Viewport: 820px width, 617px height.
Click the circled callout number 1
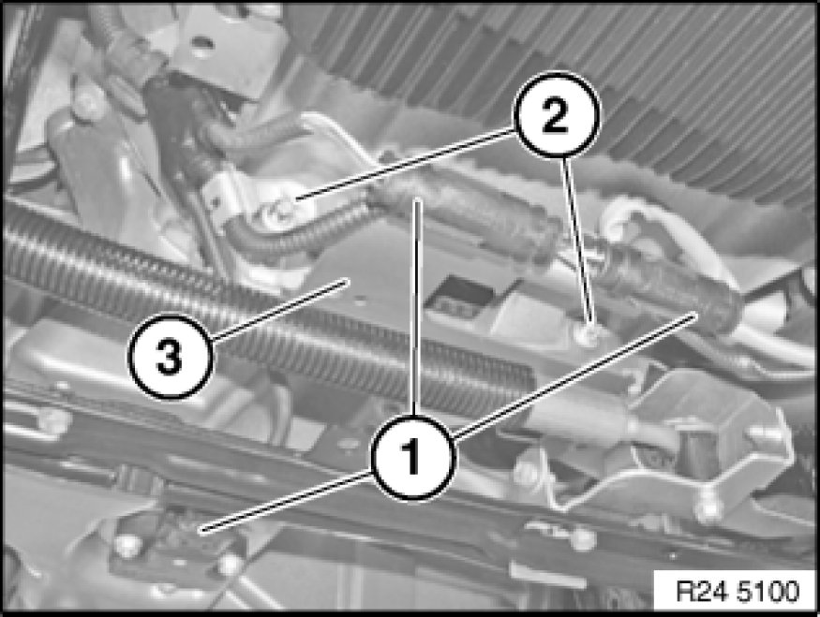[413, 457]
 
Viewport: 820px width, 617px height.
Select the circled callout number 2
[556, 115]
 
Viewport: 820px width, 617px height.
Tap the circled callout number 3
[170, 357]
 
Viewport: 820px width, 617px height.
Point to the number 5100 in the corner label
[768, 592]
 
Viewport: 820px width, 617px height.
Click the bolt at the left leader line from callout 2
[285, 208]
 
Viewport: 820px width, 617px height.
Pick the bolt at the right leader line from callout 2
[588, 333]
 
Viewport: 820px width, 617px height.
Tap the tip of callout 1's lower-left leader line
[201, 532]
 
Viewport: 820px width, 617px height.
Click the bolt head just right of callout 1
[525, 473]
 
